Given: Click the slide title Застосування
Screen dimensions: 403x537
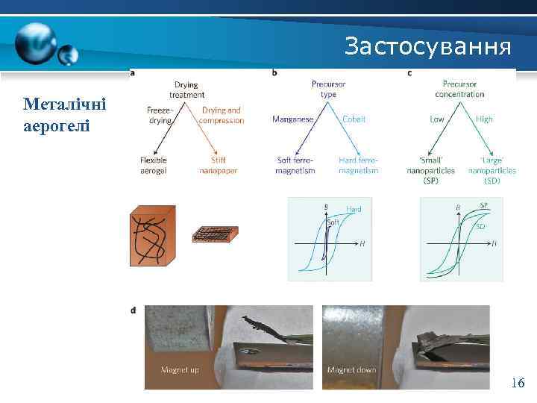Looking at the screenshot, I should coord(428,47).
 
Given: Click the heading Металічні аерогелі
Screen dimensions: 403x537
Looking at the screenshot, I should coord(64,114).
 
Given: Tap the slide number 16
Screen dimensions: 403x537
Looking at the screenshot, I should coord(517,383).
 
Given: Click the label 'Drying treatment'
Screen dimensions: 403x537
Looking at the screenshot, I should coord(186,90).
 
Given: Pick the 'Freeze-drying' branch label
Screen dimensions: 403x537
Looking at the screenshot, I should coord(160,115).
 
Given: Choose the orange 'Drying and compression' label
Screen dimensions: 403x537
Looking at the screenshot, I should coord(222,115).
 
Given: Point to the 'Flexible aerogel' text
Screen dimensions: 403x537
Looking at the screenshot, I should coord(154,165).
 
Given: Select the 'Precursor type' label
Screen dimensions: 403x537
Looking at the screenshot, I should coord(328,90).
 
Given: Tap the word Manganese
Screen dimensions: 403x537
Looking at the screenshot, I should coord(292,119).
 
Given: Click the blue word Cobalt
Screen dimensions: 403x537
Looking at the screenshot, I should coord(354,119).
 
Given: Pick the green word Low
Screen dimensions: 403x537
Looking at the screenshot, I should coord(438,119).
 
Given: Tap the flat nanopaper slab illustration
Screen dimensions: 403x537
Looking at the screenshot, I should coord(215,234).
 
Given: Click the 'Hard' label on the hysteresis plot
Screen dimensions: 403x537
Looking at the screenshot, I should coord(354,210).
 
